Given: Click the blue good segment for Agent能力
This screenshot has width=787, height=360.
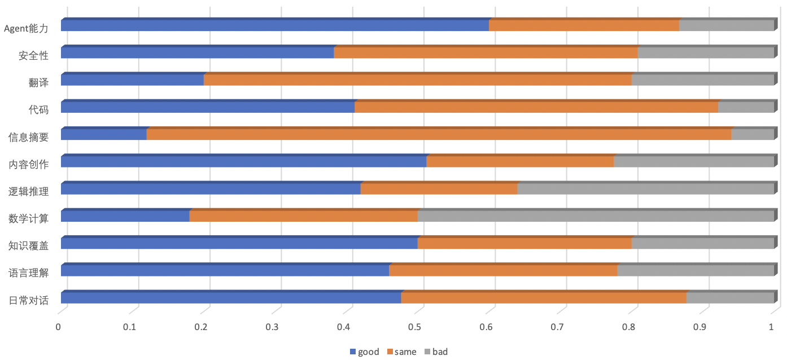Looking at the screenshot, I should (275, 25).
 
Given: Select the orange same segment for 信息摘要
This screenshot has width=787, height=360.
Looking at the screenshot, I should (439, 134).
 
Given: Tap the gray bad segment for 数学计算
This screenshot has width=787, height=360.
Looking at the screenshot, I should (595, 216).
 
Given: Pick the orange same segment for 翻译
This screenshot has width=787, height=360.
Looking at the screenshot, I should (417, 80).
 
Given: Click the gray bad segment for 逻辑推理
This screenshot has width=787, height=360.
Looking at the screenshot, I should (645, 189).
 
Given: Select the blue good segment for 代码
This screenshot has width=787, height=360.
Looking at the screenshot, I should (208, 107).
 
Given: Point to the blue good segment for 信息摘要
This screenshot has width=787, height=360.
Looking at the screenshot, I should (104, 134).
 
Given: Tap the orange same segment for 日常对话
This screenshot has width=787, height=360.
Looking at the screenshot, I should (544, 297).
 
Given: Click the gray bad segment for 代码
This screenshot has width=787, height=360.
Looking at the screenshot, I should (746, 107).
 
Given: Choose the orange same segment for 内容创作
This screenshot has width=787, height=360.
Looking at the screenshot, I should (520, 161).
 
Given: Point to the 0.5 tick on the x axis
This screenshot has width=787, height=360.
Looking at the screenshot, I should (415, 327).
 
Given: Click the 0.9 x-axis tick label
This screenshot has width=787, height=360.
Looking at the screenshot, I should (700, 327).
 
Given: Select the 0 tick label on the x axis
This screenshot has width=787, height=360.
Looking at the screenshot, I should (58, 327).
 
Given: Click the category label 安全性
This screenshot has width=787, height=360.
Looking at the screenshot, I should (33, 56).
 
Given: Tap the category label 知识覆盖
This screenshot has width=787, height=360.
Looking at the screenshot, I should (28, 245).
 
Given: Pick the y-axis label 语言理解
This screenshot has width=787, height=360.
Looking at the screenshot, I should (28, 273).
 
